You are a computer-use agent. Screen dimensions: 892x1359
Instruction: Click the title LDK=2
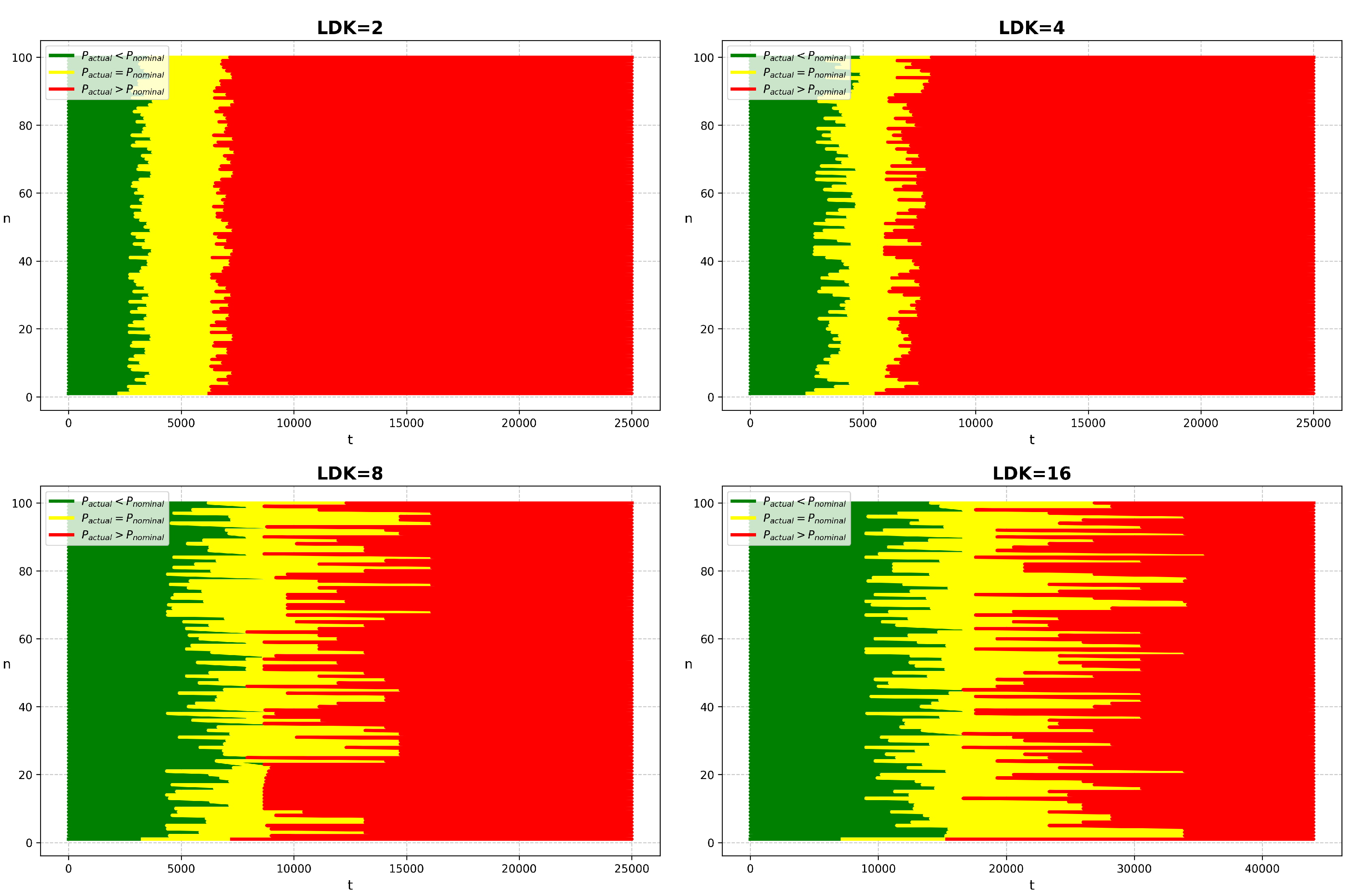350,27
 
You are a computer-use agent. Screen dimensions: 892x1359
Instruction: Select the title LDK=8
350,473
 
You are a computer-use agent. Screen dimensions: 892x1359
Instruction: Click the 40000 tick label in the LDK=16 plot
1262,868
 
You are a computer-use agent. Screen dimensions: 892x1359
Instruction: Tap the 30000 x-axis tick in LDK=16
1134,868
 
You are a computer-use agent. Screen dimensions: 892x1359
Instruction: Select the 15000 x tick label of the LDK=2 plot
406,423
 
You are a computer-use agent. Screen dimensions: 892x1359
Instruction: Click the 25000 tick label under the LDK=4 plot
1313,423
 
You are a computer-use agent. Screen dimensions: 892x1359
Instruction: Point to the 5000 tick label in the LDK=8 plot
181,868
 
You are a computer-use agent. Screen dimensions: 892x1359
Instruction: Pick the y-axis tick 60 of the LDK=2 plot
25,193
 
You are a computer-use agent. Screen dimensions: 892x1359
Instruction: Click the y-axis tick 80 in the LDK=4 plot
707,125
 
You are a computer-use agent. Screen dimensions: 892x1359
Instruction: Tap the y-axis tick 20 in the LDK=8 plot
25,775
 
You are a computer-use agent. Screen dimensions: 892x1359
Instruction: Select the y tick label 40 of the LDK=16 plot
707,707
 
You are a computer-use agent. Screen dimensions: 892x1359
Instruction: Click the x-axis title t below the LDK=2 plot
350,439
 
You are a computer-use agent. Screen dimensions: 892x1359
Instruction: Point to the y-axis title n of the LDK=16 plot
688,664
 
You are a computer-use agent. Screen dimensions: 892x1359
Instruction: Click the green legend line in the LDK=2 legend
62,55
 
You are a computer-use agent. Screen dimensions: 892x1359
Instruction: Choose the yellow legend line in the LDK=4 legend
743,73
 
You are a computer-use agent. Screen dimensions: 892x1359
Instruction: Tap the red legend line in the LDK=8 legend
62,535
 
